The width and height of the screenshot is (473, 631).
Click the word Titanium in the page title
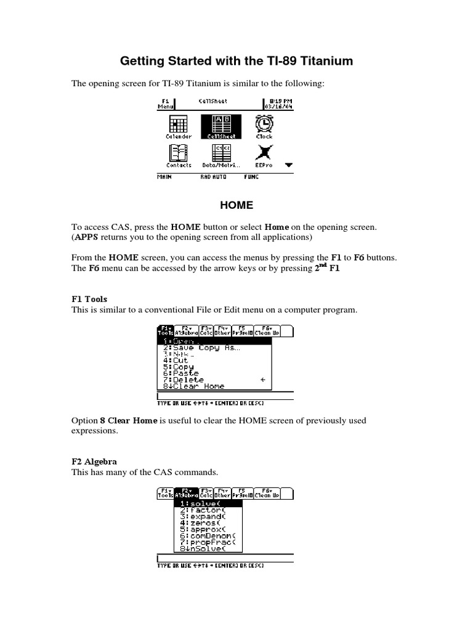pos(325,61)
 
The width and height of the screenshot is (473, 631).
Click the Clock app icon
pos(265,124)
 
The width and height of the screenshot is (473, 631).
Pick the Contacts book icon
pos(179,153)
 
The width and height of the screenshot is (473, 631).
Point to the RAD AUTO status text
pos(214,177)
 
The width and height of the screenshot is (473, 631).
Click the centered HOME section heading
pos(236,205)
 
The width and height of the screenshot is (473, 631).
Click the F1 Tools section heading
pos(90,299)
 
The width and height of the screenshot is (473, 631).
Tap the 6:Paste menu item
pos(181,373)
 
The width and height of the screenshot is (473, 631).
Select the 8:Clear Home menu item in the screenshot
pos(194,386)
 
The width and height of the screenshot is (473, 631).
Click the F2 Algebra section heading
pos(94,462)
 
